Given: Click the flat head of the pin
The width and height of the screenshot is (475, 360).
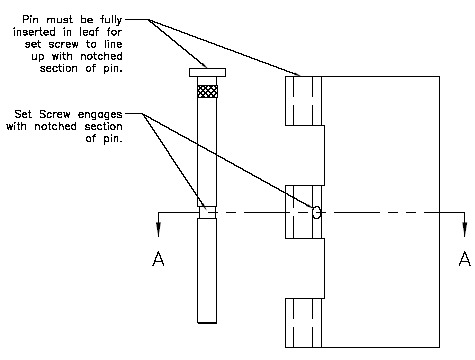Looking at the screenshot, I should point(206,72).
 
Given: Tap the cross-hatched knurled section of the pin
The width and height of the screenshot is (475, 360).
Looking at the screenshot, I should point(206,91).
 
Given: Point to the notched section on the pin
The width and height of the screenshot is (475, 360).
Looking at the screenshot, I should point(206,212).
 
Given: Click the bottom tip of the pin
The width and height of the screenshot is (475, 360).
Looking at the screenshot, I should point(206,321).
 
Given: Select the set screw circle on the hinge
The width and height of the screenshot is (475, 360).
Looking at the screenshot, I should point(316,211).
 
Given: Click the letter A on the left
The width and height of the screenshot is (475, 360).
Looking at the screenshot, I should point(157,260).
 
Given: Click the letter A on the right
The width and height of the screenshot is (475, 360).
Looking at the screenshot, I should point(462,260).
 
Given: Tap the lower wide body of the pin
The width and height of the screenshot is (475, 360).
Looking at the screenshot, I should point(206,270).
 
